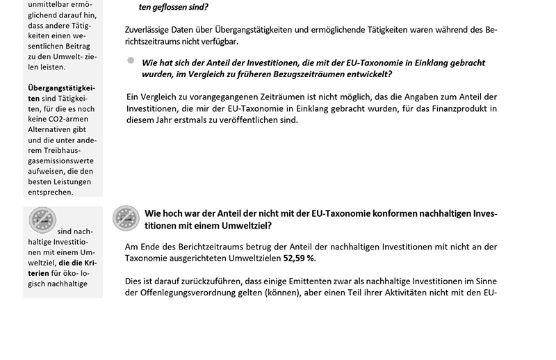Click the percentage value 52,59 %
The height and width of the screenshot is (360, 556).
tap(298, 259)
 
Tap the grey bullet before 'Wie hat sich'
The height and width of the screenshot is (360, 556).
tap(131, 61)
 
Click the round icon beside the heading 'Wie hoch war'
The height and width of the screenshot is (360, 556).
tap(126, 218)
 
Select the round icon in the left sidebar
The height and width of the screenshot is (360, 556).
tap(42, 220)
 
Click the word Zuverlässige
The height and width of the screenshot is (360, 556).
tap(151, 30)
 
